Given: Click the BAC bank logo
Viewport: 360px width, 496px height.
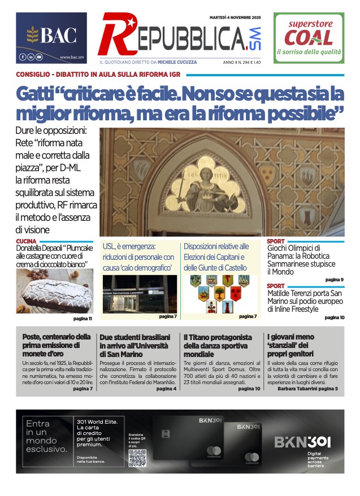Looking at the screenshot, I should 51,36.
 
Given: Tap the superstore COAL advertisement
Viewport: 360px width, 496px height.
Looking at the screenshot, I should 309,38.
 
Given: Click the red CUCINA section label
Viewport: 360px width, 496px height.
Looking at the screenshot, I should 27,241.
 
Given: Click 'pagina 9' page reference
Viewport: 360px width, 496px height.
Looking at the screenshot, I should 335,280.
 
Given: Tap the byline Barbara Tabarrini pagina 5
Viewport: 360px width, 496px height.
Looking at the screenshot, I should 307,389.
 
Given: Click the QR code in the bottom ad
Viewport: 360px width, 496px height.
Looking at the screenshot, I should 137,458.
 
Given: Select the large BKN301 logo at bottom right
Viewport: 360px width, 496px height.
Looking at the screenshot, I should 302,441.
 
